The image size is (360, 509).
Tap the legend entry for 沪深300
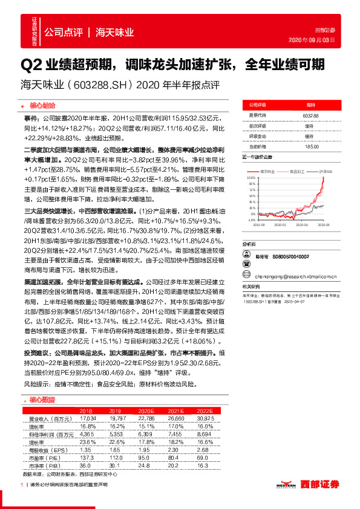pos(324,172)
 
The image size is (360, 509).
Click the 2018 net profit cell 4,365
pos(88,434)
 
